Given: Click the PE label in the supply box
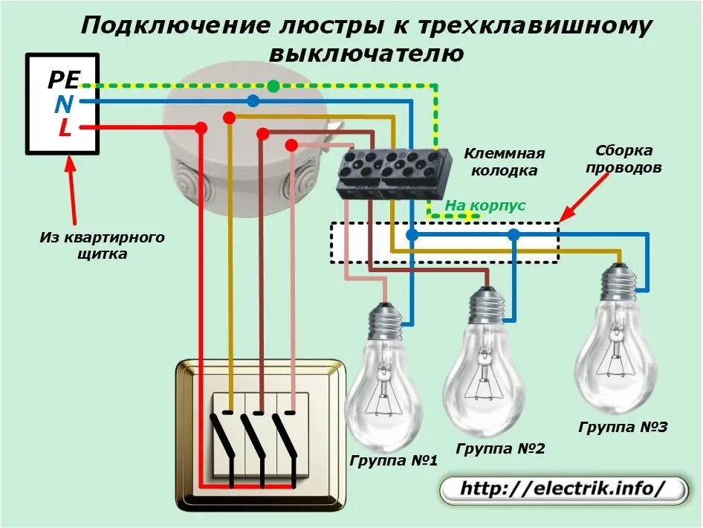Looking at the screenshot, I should (63, 80).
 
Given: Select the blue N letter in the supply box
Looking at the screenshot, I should (63, 104).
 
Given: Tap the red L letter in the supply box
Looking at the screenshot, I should (65, 129).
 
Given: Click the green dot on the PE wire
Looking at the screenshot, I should (273, 86).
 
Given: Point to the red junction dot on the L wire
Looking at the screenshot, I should (201, 128).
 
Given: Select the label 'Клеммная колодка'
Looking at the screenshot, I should (505, 162).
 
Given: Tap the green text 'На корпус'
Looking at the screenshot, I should (485, 205).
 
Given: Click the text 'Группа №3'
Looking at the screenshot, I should (623, 427).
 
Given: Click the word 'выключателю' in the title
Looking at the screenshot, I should (366, 54).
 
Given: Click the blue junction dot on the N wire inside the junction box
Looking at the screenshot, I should (253, 100).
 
